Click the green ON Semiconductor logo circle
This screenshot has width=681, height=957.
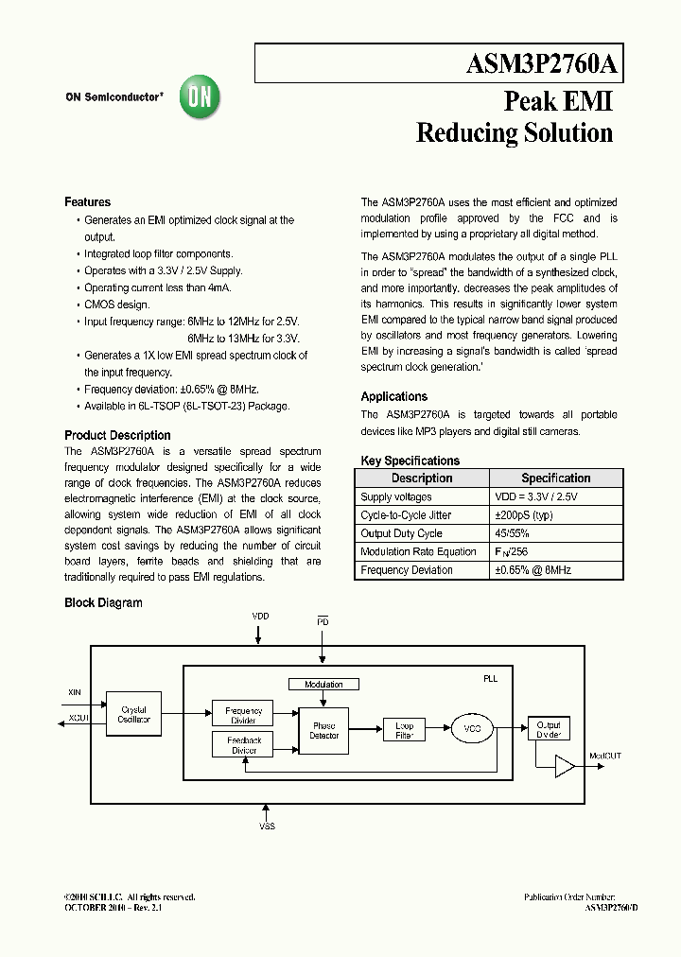click(x=200, y=96)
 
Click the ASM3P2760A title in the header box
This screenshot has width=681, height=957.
click(x=542, y=64)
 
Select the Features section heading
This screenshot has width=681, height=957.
click(x=87, y=202)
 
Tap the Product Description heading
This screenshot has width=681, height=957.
click(x=117, y=436)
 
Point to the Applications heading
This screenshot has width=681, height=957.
click(x=394, y=397)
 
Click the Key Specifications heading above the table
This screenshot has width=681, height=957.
click(x=410, y=461)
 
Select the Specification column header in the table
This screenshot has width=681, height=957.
click(x=555, y=478)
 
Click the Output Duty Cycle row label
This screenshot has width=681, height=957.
click(x=401, y=533)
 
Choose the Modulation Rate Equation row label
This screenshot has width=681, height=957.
click(x=418, y=552)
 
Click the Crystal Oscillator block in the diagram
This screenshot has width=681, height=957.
click(x=134, y=716)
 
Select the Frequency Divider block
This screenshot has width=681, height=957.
click(x=243, y=715)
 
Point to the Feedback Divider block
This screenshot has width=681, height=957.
click(x=244, y=745)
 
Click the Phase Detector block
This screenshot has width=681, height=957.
click(x=323, y=730)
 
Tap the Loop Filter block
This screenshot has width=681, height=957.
click(x=403, y=730)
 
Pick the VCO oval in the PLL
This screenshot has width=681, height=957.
click(x=473, y=729)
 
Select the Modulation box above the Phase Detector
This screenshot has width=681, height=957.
click(x=323, y=685)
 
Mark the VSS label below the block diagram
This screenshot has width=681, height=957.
click(x=268, y=826)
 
